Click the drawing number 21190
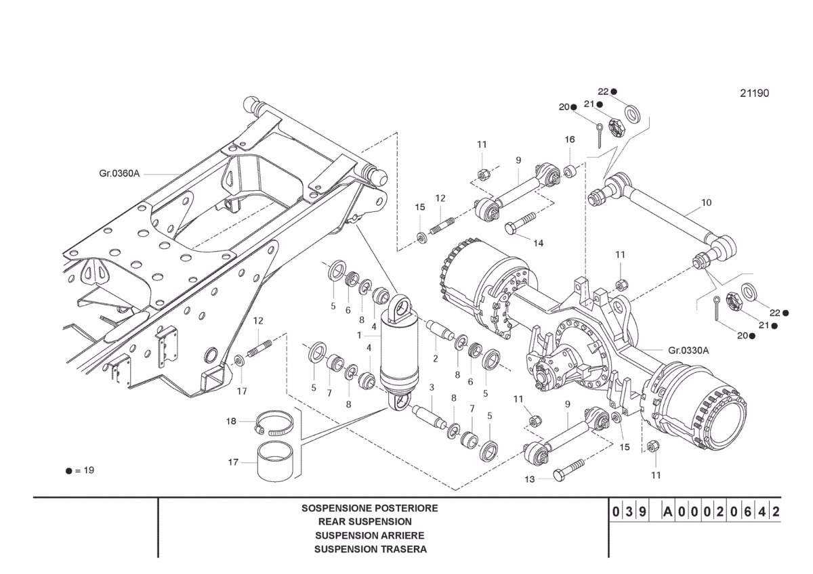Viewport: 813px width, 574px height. [754, 93]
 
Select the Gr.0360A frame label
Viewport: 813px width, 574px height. [119, 174]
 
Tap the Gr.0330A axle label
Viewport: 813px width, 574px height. [688, 350]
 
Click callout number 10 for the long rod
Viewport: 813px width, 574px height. [706, 202]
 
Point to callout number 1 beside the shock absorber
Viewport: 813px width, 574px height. [359, 335]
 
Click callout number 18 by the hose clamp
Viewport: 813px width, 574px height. [231, 421]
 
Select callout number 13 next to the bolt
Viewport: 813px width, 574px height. [529, 479]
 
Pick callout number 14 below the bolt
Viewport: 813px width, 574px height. [538, 242]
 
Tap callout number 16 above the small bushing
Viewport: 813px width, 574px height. [570, 139]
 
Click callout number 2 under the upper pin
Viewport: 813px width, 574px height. [435, 358]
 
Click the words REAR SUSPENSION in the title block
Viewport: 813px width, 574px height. [364, 522]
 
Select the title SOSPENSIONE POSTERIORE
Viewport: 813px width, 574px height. [370, 508]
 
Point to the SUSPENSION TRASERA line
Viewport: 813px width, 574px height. [371, 549]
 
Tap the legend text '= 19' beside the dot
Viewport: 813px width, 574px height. [85, 470]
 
